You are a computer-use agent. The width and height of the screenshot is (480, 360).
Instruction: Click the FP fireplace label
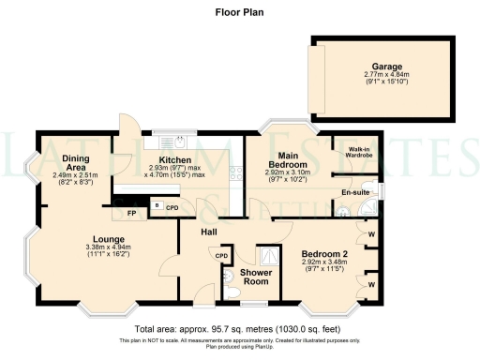click(133, 212)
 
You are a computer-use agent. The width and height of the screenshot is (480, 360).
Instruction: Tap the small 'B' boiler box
click(157, 205)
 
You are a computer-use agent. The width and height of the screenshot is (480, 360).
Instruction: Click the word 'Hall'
click(208, 230)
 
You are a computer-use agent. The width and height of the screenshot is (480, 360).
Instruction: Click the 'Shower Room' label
click(255, 277)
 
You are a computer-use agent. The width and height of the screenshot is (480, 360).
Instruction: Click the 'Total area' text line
click(240, 330)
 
